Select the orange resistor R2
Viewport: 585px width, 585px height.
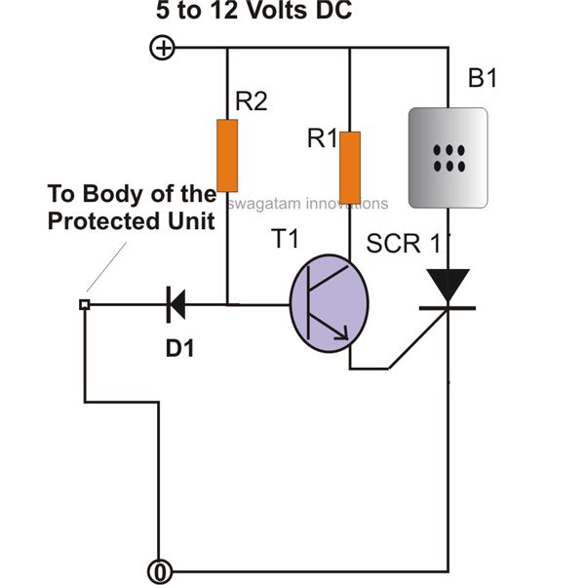pyautogui.click(x=227, y=155)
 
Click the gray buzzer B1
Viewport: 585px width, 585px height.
pyautogui.click(x=448, y=158)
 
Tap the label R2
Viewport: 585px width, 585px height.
pyautogui.click(x=251, y=101)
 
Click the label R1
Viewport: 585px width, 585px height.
pyautogui.click(x=323, y=139)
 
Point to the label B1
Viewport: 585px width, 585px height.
pyautogui.click(x=482, y=79)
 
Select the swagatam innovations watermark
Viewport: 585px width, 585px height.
pyautogui.click(x=309, y=204)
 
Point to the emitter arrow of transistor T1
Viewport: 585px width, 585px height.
pyautogui.click(x=343, y=334)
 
